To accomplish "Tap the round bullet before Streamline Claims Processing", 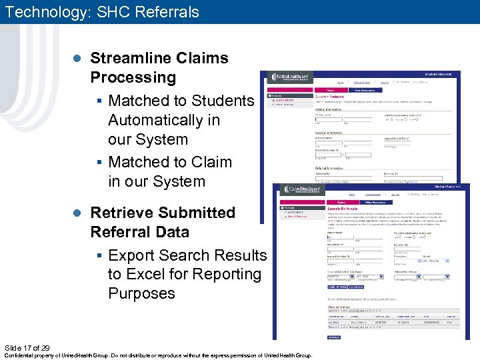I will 76,59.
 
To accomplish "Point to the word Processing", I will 133,77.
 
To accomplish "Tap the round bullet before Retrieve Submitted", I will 76,213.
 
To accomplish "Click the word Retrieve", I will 119,213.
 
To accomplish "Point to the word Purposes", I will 141,293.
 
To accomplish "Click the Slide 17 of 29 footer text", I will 27,348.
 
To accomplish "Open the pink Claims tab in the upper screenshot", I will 329,89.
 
